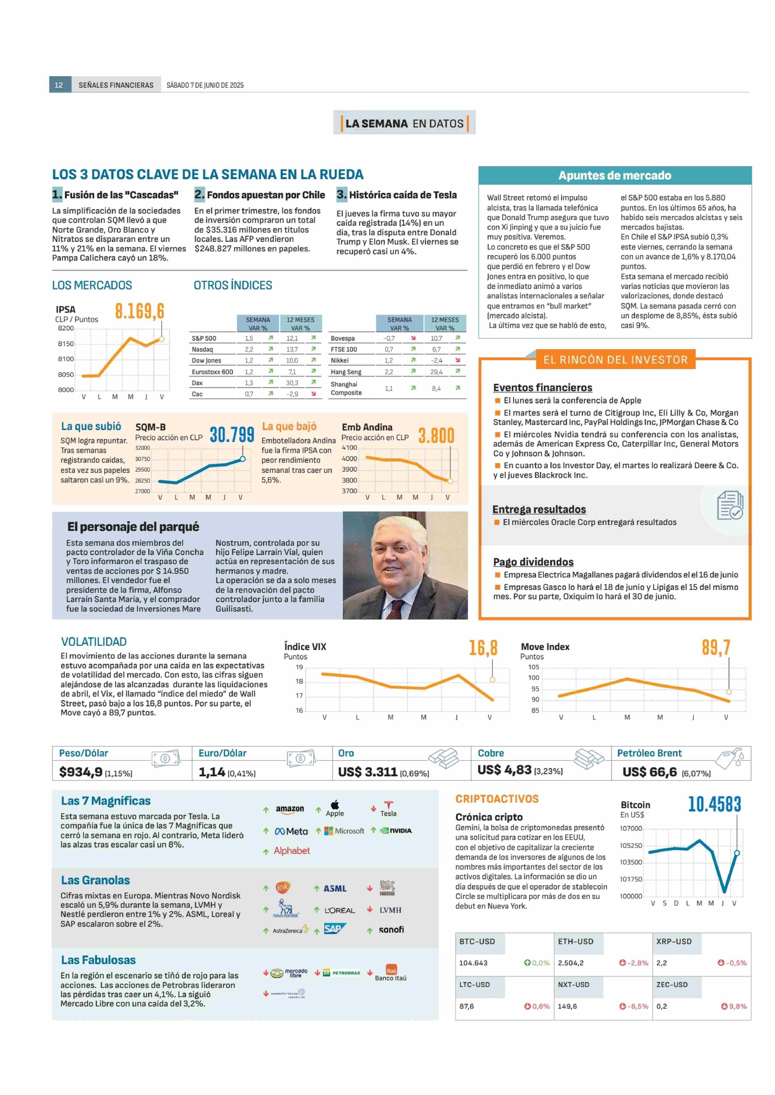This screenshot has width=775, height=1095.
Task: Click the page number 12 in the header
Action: (x=59, y=85)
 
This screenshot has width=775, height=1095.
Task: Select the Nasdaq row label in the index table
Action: (x=202, y=349)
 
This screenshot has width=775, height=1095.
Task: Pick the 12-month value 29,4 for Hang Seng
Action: (x=436, y=372)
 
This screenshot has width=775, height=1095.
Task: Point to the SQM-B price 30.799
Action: (x=232, y=435)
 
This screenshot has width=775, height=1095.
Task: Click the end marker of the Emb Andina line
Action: (x=450, y=481)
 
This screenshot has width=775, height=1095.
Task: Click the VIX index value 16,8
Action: (x=483, y=648)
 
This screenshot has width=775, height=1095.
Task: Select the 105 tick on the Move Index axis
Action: (x=534, y=667)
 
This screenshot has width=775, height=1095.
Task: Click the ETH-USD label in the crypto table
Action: (x=576, y=941)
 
